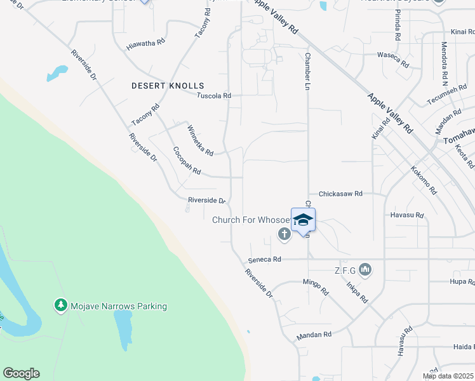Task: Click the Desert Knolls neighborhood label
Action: pos(168,85)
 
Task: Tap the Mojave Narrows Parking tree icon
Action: pos(61,306)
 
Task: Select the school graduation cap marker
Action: pos(303,220)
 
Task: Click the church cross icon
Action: pos(284,235)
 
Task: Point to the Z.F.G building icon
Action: pos(365,271)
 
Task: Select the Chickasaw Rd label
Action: pos(340,193)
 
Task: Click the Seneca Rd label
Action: pos(264,260)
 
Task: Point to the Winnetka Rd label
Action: pos(199,140)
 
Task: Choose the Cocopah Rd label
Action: pos(187,161)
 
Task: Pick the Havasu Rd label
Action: pos(406,215)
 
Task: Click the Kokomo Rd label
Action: pos(424,180)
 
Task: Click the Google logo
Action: pos(21,373)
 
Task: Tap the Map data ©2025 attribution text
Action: pos(448,376)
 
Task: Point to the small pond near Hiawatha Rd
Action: pos(57,73)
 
